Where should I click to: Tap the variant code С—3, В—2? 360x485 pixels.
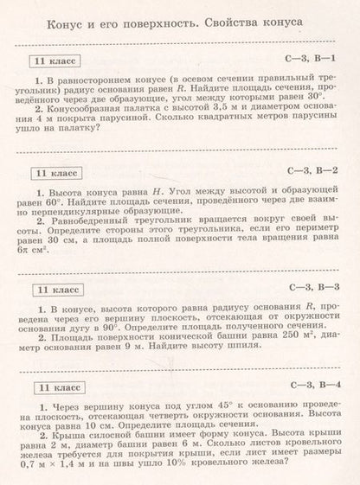314,170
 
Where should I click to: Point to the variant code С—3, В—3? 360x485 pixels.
314,286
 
